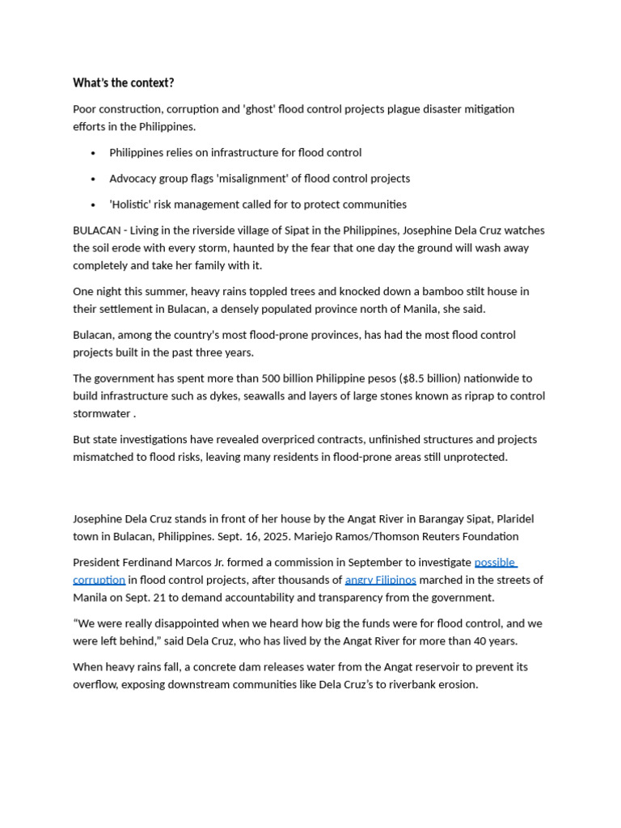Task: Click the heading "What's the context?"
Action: coord(123,82)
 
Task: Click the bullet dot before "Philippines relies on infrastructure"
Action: coord(94,153)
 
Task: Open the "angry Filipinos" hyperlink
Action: coord(380,580)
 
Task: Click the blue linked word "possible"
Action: coord(495,562)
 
